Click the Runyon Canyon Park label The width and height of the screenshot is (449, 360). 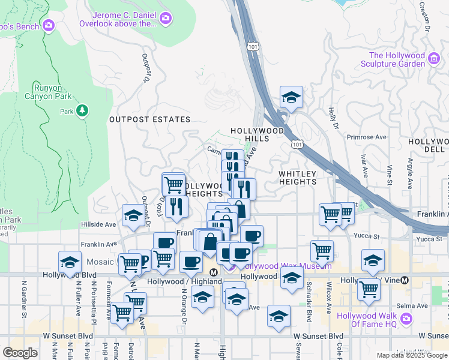pyautogui.click(x=47, y=91)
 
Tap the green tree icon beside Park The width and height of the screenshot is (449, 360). pyautogui.click(x=82, y=111)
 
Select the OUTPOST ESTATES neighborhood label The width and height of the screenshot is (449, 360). pyautogui.click(x=149, y=119)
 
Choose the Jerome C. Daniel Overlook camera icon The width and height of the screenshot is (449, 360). pyautogui.click(x=166, y=19)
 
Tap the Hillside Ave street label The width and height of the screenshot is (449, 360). pyautogui.click(x=98, y=224)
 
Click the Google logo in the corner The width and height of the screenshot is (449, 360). pyautogui.click(x=20, y=352)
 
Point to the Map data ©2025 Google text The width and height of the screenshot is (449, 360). pyautogui.click(x=411, y=355)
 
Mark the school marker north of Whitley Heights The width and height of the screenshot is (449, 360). pyautogui.click(x=291, y=98)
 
